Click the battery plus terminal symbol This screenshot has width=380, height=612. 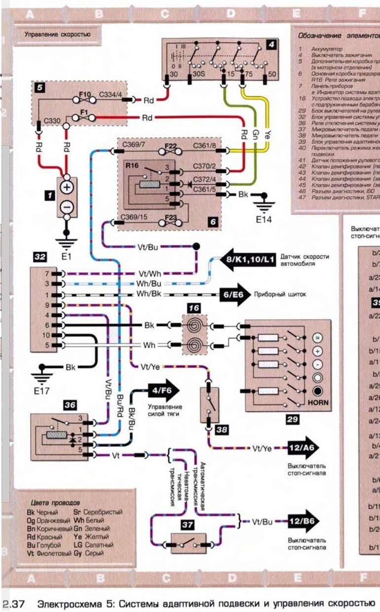[x=67, y=187]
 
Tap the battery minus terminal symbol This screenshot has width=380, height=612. [x=67, y=206]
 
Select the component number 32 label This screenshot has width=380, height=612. [x=39, y=257]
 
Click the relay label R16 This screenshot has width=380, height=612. [x=132, y=166]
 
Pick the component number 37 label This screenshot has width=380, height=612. [x=187, y=525]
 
